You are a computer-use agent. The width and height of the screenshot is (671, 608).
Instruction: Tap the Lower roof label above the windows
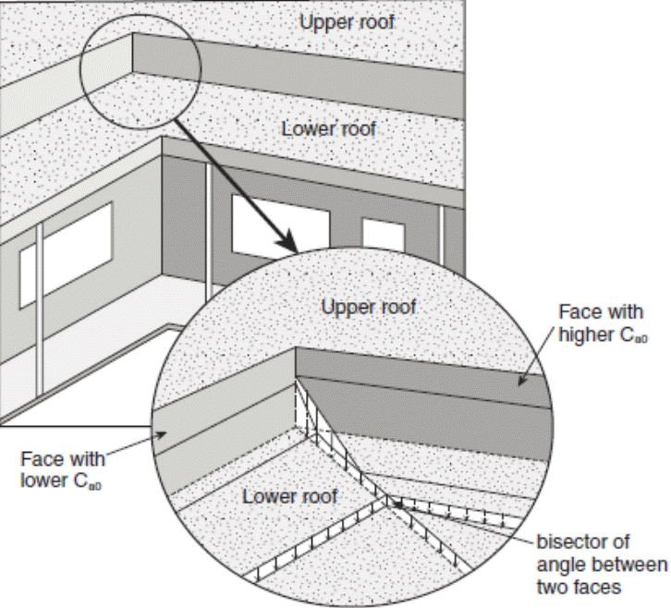(x=328, y=128)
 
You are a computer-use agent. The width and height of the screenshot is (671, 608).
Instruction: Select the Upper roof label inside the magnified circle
(x=368, y=306)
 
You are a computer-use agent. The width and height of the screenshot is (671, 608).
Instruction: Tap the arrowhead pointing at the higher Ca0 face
(x=519, y=379)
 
